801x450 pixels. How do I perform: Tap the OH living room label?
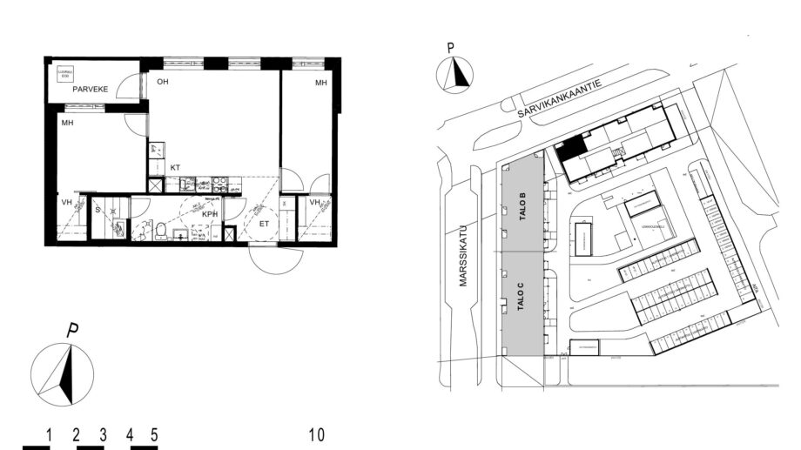163,82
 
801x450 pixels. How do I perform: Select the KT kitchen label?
175,167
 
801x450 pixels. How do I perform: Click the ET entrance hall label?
264,224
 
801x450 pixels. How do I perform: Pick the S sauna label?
98,210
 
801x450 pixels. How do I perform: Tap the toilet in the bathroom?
160,230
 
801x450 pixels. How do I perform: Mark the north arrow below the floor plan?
63,373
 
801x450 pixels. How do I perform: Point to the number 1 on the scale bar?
50,433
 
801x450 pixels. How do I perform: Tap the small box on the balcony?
64,74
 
